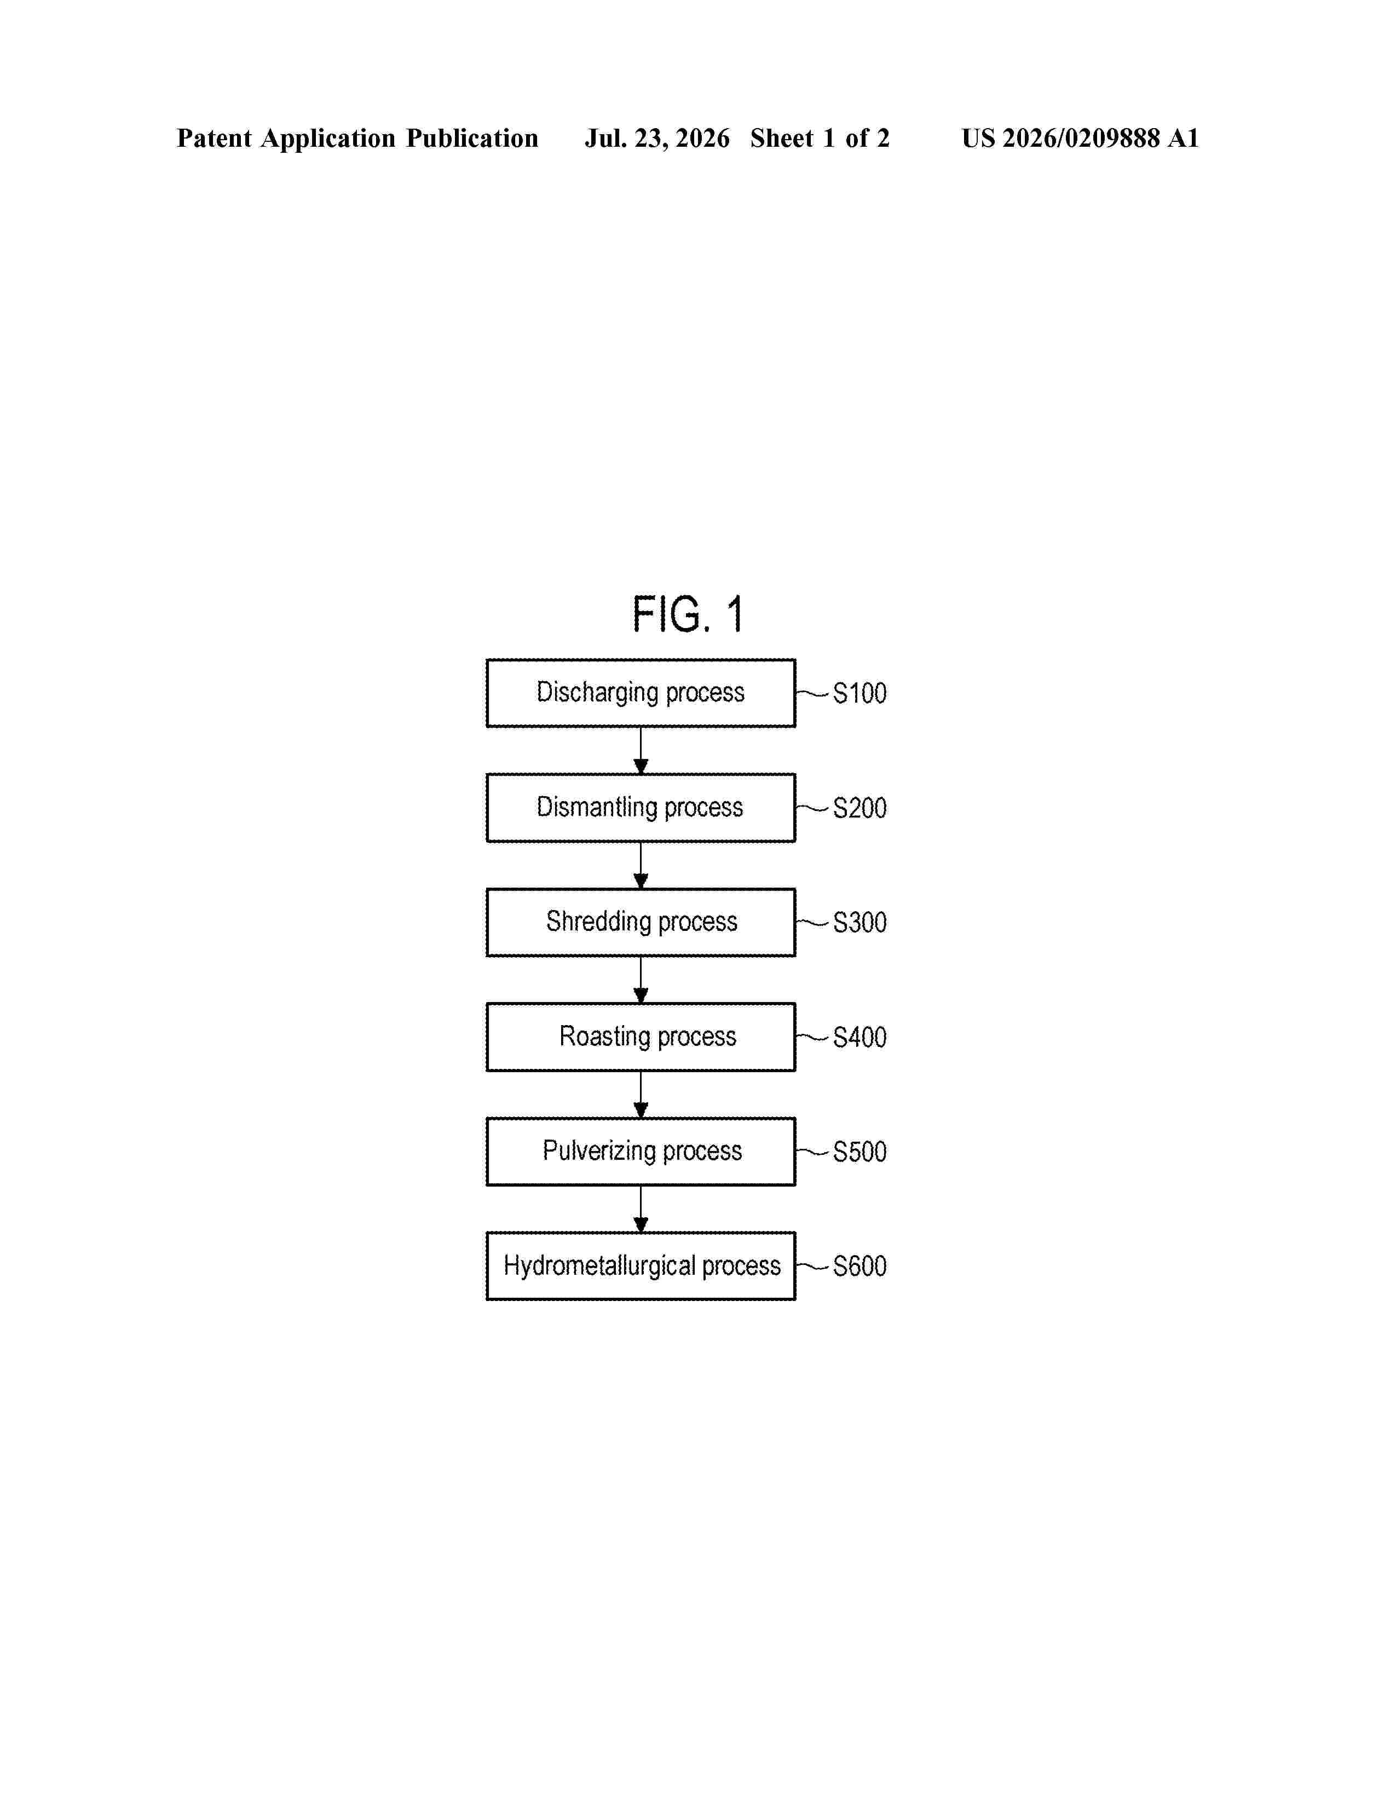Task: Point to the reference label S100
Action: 859,693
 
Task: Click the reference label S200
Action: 859,808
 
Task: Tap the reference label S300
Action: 859,923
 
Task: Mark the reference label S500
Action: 859,1152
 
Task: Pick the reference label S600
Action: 859,1267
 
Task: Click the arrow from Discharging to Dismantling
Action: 641,750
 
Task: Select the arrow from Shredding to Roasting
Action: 641,980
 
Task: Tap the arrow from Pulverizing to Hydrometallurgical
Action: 641,1209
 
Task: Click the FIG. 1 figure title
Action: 688,615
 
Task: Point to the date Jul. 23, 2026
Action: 657,138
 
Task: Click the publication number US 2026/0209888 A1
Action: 1080,138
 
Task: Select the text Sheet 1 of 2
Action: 820,138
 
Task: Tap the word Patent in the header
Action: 214,138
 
